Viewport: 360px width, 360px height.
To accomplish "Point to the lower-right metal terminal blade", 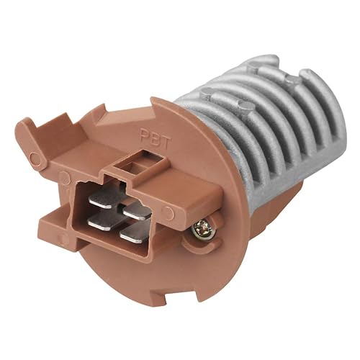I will (x=135, y=235).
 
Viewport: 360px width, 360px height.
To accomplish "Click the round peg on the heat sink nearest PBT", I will (x=207, y=92).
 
